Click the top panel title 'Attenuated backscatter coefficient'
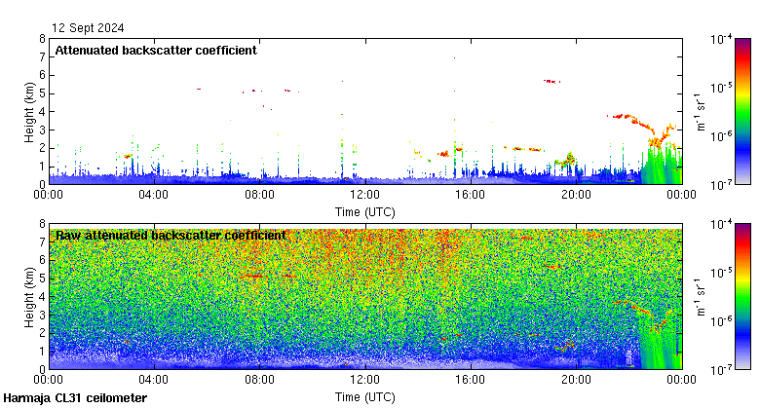[156, 51]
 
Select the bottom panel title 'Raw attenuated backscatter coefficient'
[171, 236]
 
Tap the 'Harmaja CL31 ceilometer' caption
[75, 398]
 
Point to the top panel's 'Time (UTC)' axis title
[365, 211]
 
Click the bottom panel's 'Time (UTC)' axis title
[365, 396]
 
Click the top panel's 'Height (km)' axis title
[30, 111]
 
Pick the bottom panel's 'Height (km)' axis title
[30, 296]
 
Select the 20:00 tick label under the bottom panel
[575, 379]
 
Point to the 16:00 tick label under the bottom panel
[470, 379]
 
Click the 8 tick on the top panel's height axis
[42, 39]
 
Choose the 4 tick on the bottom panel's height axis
[42, 296]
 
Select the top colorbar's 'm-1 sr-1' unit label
[700, 111]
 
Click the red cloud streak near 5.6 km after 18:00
[551, 81]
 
